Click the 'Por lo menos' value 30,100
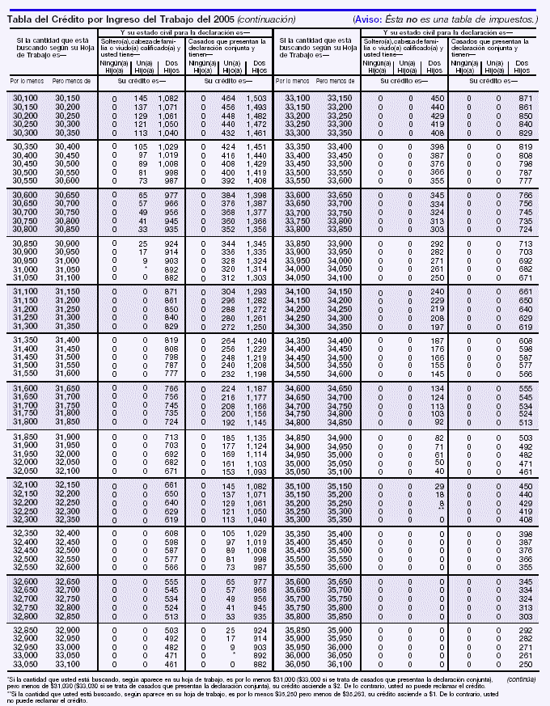pyautogui.click(x=26, y=98)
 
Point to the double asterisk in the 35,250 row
pyautogui.click(x=438, y=511)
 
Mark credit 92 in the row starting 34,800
pyautogui.click(x=438, y=421)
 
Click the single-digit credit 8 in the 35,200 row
pyautogui.click(x=441, y=502)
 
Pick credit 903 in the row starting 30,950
pyautogui.click(x=170, y=261)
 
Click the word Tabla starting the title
pyautogui.click(x=22, y=18)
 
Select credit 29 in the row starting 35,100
pyautogui.click(x=439, y=486)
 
